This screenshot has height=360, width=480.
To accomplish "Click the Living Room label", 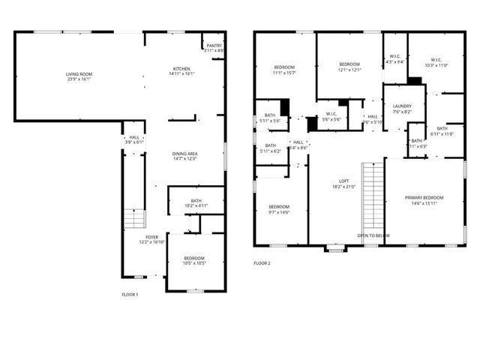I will [79, 74].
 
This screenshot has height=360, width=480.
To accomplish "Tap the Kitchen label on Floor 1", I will [181, 69].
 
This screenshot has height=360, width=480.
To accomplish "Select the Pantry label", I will [214, 46].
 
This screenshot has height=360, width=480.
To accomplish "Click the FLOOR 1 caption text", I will [130, 295].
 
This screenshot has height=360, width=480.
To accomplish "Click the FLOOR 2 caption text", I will [262, 263].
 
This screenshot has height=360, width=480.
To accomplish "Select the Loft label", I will [344, 182].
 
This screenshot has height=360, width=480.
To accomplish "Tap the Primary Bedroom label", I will [424, 198].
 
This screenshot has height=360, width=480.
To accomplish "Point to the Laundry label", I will [402, 106].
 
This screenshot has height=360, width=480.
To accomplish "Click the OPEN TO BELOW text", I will [373, 235].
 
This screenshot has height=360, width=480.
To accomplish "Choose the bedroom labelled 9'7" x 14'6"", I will [279, 211].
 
